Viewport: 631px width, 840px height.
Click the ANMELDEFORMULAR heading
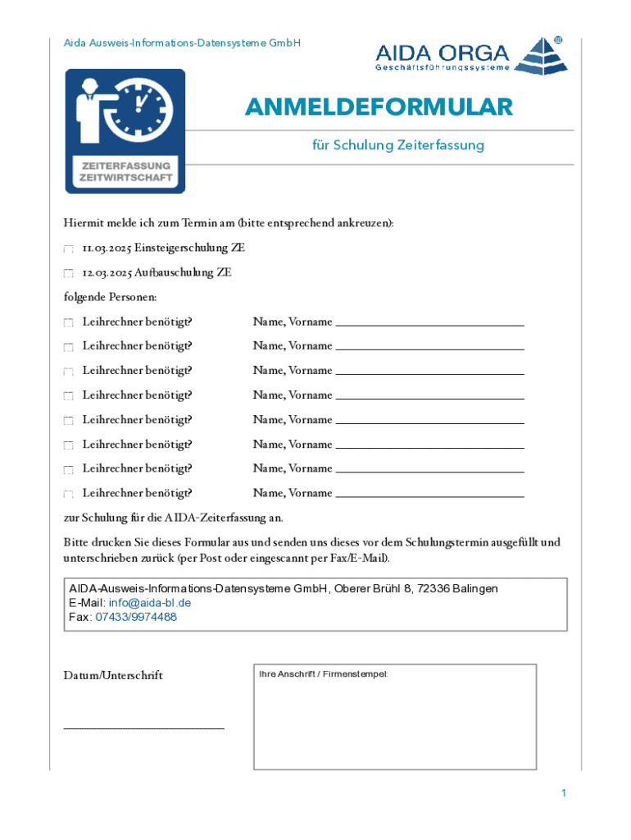tap(378, 107)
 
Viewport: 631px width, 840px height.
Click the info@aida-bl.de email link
tap(150, 603)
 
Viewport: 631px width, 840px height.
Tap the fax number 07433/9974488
tap(136, 618)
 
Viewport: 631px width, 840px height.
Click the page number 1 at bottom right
tap(564, 793)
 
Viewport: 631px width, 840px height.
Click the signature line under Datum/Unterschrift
tap(143, 728)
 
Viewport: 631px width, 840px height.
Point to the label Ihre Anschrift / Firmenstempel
tap(323, 674)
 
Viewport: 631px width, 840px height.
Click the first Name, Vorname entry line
tap(429, 325)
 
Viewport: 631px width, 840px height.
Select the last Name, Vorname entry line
tap(429, 496)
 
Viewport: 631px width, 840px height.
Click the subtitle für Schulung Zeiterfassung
tap(398, 146)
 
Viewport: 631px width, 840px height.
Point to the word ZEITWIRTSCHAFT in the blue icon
tap(125, 176)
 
